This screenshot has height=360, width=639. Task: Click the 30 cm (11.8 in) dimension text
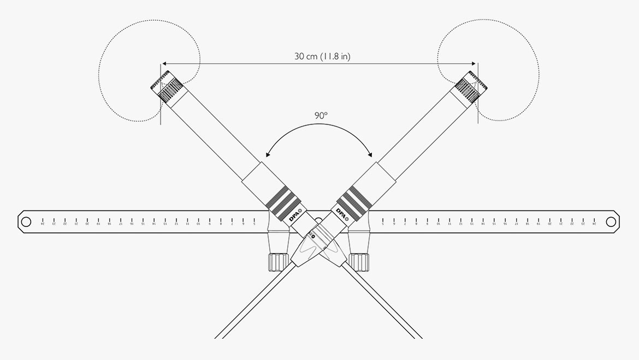pyautogui.click(x=319, y=56)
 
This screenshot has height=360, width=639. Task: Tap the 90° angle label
pyautogui.click(x=321, y=116)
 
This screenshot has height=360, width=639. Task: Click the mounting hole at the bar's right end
pyautogui.click(x=611, y=221)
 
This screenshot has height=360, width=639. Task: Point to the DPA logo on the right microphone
pyautogui.click(x=342, y=213)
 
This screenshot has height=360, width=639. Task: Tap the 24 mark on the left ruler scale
pyautogui.click(x=43, y=222)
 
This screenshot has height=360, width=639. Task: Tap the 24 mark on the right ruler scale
pyautogui.click(x=594, y=222)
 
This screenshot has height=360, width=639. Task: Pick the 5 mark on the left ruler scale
pyautogui.click(x=255, y=222)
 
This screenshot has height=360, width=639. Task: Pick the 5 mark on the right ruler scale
pyautogui.click(x=382, y=222)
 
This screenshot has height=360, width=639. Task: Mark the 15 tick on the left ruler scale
pyautogui.click(x=143, y=222)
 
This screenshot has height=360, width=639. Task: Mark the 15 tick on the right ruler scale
pyautogui.click(x=494, y=222)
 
